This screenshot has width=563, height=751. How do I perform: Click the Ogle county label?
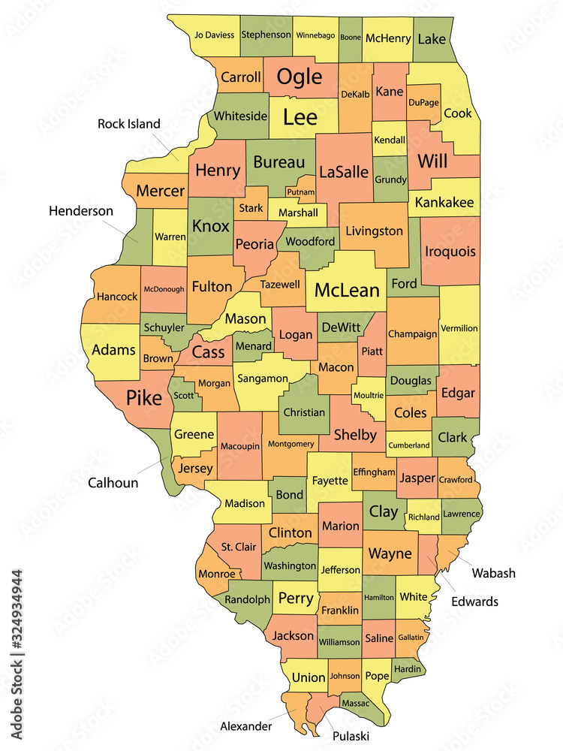300,77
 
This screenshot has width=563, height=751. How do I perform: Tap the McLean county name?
347,290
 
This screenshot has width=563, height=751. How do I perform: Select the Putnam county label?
301,192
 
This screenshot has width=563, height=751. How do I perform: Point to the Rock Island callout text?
129,123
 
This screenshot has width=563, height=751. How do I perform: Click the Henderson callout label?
81,211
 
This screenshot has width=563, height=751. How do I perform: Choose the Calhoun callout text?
113,482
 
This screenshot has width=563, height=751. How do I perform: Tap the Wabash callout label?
493,573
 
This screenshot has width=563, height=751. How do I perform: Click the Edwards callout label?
474,602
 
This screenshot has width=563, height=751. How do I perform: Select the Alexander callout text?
245,726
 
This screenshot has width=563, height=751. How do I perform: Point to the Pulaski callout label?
351,736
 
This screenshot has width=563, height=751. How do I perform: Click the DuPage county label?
423,102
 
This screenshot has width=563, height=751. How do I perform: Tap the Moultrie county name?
369,395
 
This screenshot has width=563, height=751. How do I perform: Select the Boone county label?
351,35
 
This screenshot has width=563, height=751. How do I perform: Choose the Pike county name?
143,397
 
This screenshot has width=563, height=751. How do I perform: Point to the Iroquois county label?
450,252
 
